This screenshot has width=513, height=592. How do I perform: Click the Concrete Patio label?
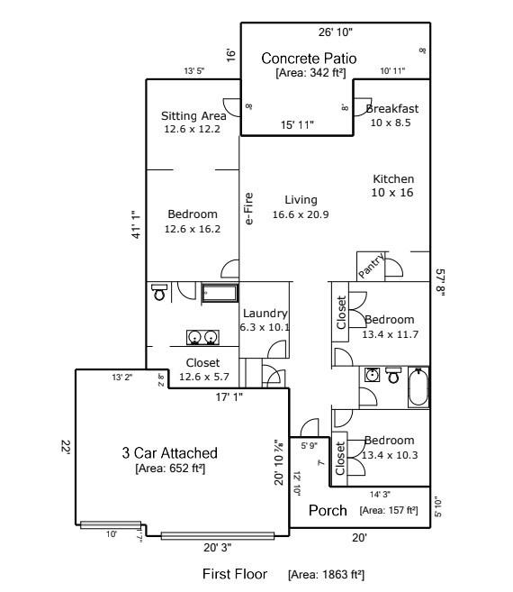point(309,59)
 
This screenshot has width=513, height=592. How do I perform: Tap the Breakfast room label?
point(392,109)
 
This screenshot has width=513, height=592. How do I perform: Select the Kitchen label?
point(393,179)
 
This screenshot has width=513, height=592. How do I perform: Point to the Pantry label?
point(372,265)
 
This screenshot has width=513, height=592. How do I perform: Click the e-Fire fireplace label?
point(249,208)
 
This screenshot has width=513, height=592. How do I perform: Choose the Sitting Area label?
point(193,116)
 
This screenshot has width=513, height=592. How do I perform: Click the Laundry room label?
point(265,314)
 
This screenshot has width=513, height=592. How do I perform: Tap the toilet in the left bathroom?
point(159,291)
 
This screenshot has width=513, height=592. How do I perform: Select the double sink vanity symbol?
point(202,337)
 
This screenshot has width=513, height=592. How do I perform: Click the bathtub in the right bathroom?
point(418,388)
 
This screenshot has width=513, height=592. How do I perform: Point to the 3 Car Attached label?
point(170,452)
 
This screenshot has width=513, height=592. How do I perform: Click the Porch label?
point(328,511)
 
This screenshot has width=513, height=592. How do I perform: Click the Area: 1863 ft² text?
point(326,574)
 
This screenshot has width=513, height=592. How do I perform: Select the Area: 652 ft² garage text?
point(170,469)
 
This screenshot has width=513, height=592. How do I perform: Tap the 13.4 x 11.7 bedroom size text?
point(389,333)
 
